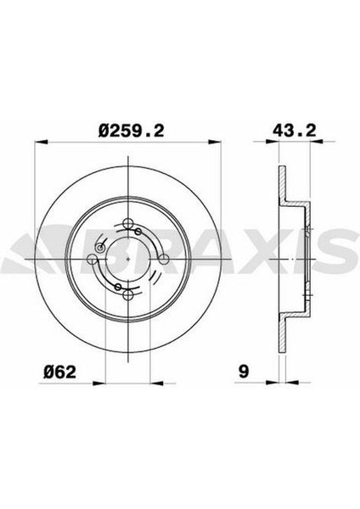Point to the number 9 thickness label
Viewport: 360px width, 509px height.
click(244, 371)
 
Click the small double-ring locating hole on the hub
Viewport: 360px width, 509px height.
click(102, 248)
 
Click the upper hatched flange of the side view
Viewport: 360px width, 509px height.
click(281, 191)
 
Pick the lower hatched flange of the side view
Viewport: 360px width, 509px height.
click(281, 327)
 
